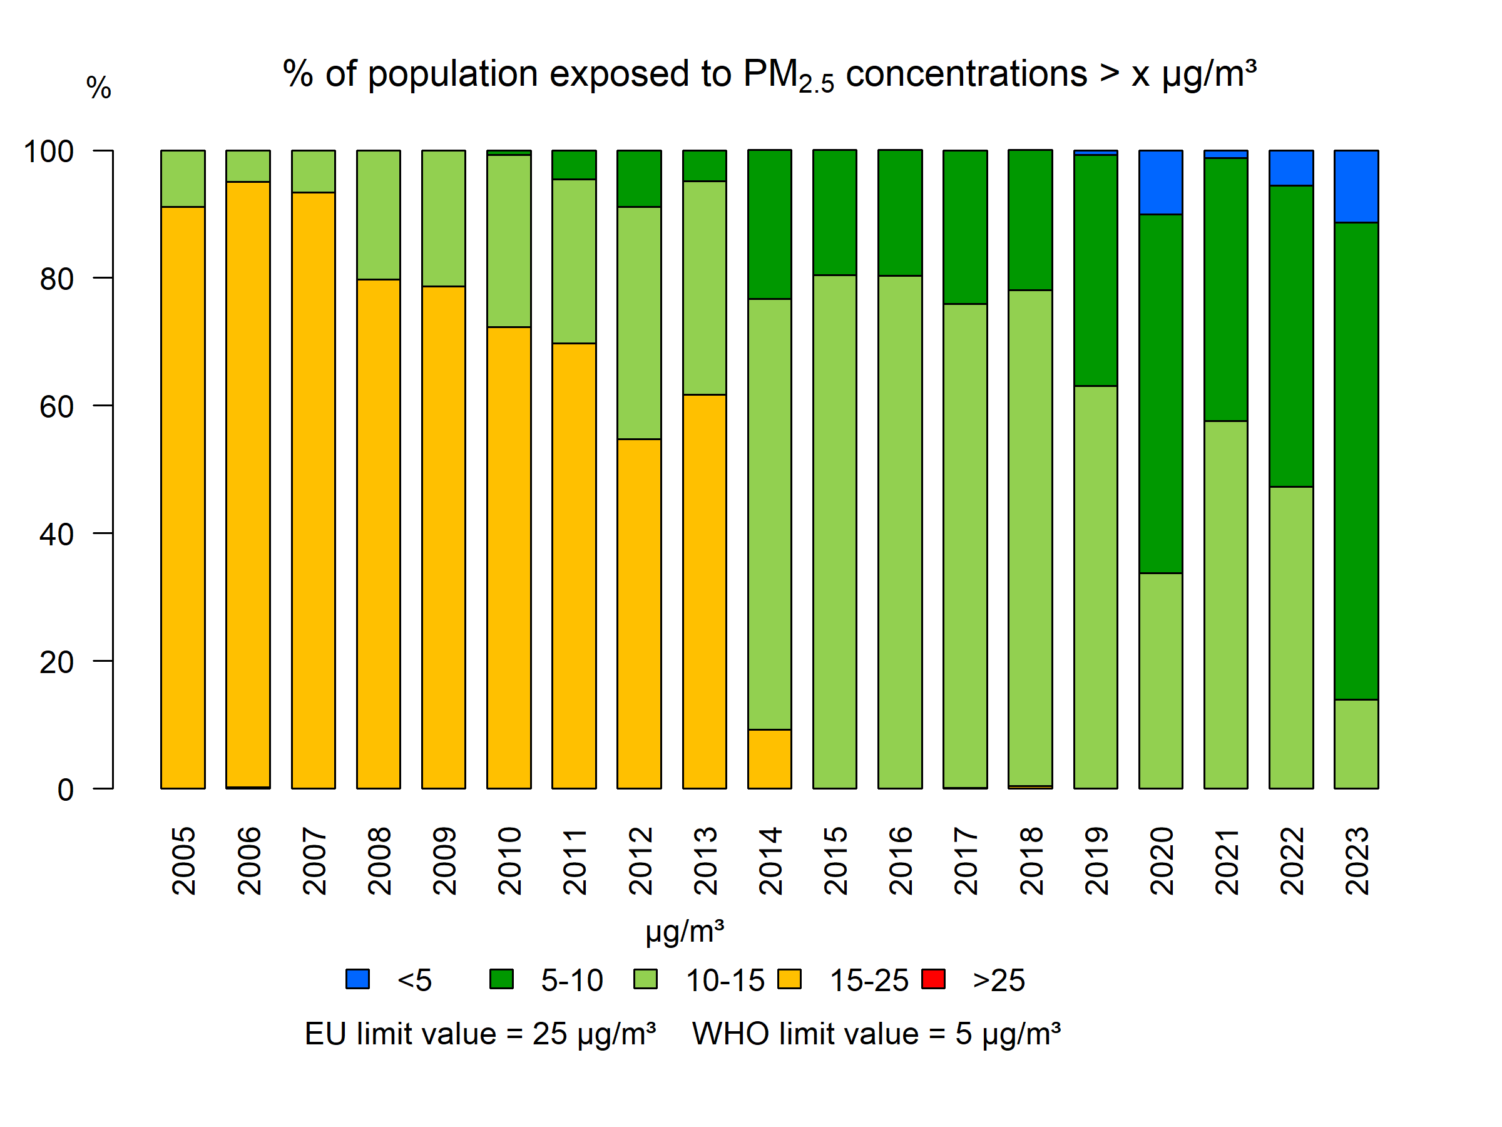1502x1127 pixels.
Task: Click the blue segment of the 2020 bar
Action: (x=1160, y=182)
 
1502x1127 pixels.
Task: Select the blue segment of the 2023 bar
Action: (x=1356, y=186)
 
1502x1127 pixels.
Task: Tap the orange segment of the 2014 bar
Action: (x=769, y=759)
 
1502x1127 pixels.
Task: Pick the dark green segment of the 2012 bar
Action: (x=639, y=178)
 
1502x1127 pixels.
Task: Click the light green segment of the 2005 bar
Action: (x=183, y=178)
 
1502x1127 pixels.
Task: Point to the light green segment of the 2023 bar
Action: (x=1356, y=744)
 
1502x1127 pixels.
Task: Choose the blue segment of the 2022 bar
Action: (x=1291, y=168)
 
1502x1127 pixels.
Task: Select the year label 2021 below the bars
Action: (x=1226, y=861)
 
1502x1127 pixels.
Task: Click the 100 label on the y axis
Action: (x=49, y=151)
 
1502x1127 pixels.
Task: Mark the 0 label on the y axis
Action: (x=65, y=790)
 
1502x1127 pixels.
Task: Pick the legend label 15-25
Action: (x=869, y=980)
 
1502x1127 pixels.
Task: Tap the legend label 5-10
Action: (x=572, y=980)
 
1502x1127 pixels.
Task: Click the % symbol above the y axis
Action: (x=98, y=88)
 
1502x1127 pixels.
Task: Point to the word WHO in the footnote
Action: (x=730, y=1034)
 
